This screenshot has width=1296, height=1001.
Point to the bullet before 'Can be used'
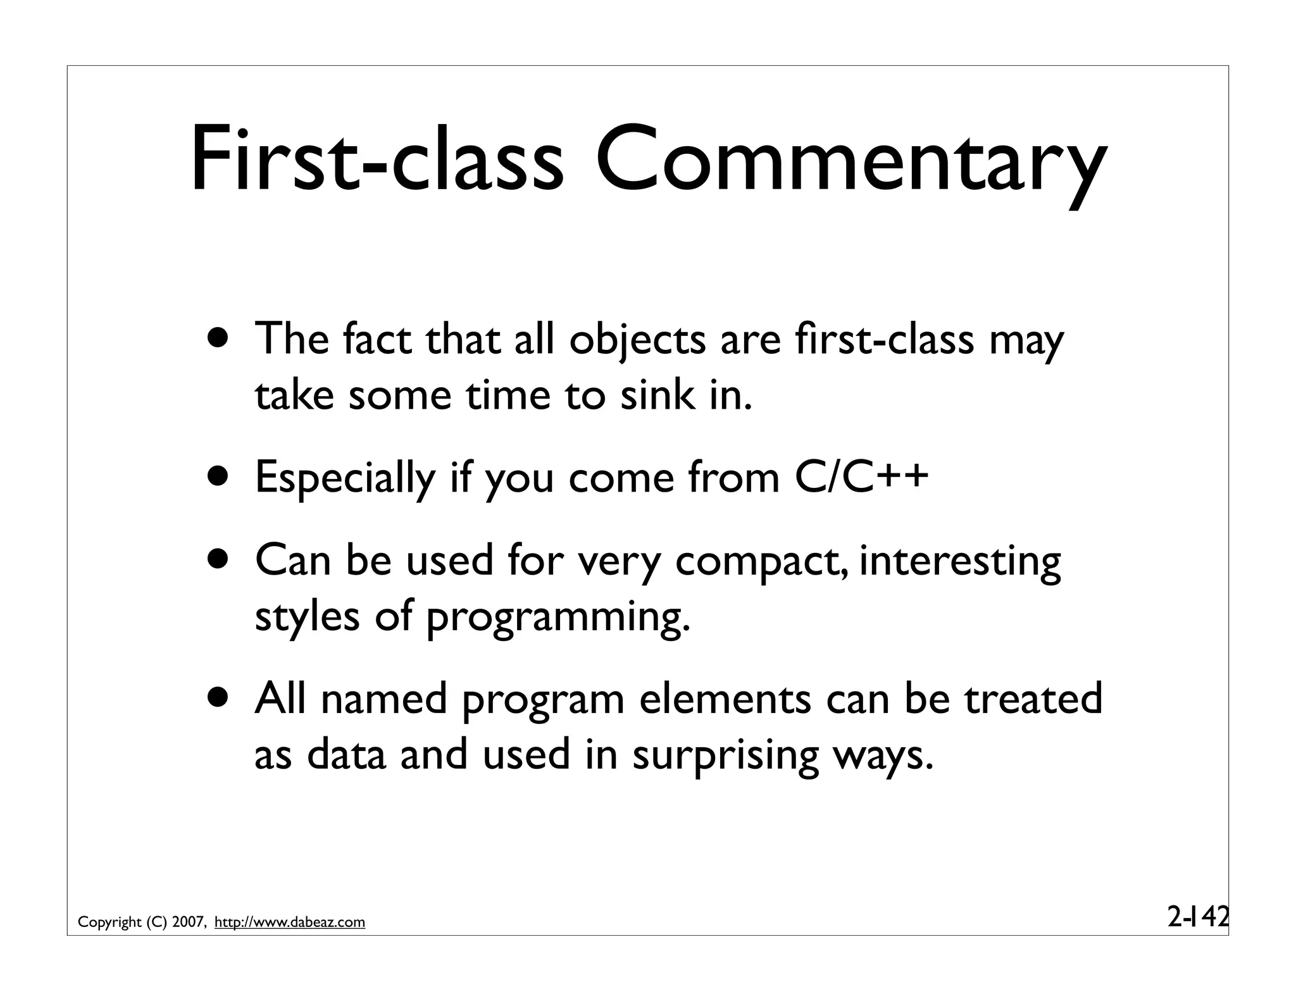[218, 560]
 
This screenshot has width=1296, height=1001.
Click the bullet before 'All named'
[218, 697]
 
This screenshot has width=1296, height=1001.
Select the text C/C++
[861, 477]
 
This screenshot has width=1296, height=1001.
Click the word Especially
[345, 480]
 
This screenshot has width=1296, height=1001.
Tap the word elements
[725, 699]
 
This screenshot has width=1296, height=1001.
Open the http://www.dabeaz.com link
[290, 923]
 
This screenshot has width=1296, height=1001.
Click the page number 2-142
[1197, 916]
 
